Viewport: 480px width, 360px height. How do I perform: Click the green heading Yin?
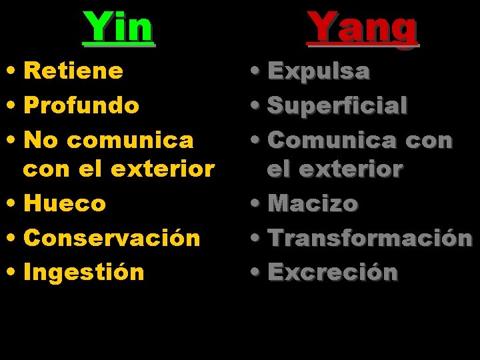118,27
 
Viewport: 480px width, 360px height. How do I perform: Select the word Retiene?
73,71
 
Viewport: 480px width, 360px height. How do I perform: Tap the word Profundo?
81,105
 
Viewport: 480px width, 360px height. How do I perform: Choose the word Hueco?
65,203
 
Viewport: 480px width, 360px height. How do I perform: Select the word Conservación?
112,237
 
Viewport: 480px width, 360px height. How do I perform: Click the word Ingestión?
84,272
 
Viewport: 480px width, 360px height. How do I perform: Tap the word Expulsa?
318,71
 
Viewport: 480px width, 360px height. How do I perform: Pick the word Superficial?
337,105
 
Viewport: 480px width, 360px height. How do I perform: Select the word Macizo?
313,203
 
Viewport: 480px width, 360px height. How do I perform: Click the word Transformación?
370,238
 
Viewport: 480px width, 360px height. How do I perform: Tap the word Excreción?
333,273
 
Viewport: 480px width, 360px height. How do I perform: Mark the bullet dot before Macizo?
259,204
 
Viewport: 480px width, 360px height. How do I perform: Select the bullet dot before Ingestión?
15,273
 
